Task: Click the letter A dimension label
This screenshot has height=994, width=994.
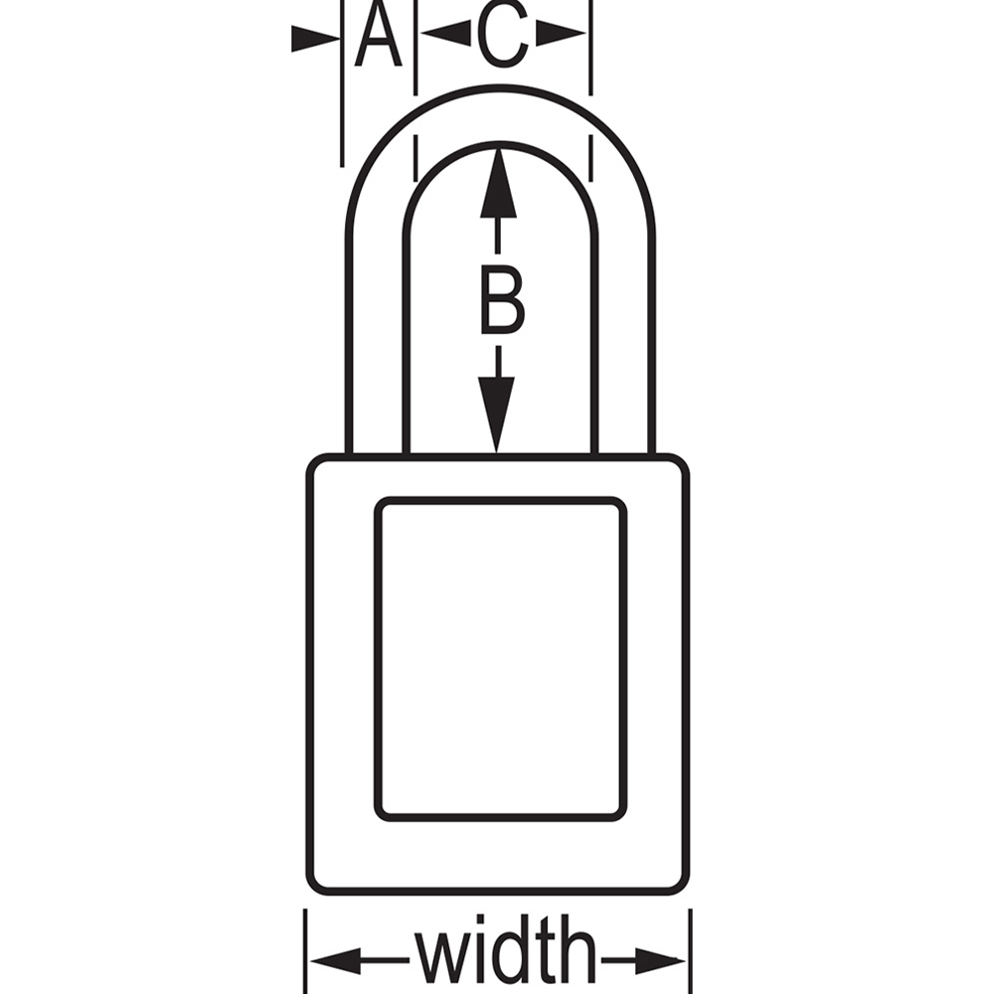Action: pyautogui.click(x=378, y=34)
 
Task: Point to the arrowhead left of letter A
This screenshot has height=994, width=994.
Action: pyautogui.click(x=315, y=40)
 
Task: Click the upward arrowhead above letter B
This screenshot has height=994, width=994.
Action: pyautogui.click(x=498, y=183)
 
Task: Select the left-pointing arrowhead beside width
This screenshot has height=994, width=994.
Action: pyautogui.click(x=335, y=961)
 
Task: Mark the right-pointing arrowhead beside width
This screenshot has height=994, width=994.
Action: pyautogui.click(x=660, y=961)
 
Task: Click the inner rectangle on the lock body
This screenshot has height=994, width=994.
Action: pyautogui.click(x=501, y=659)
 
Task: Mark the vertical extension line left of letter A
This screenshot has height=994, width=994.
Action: pyautogui.click(x=342, y=83)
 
